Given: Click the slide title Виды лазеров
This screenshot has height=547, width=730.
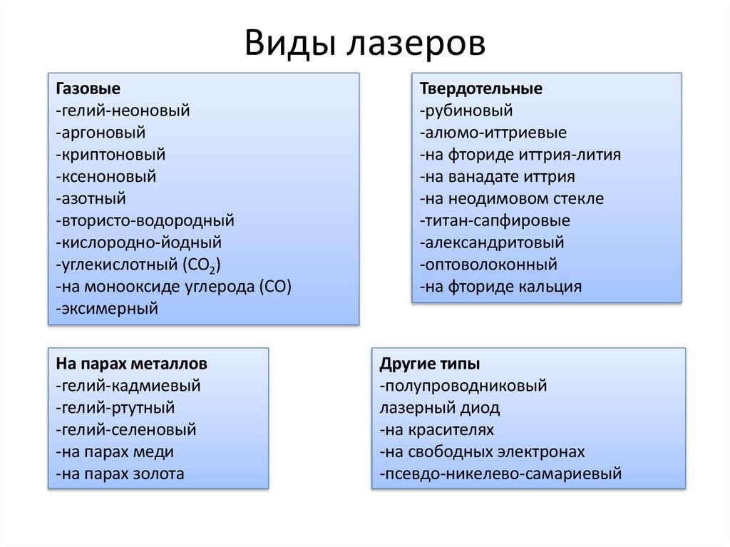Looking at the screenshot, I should coord(364,44).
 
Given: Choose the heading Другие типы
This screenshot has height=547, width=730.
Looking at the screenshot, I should coord(429,364).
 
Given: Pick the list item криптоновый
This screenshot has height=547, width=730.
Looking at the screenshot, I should coord(109,154).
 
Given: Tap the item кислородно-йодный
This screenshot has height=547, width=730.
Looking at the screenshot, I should coord(138,242).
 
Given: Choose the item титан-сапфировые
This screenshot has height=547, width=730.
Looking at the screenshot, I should coord(495,220).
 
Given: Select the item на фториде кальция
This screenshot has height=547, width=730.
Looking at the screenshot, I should coord(500,287).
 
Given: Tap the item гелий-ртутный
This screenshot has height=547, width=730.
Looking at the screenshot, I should coord(114,408).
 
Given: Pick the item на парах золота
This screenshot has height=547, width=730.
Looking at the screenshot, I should coord(118,474).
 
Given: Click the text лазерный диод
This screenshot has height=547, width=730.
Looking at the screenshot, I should coord(440,408).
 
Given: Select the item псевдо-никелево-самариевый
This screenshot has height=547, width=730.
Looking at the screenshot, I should coord(501,474).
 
